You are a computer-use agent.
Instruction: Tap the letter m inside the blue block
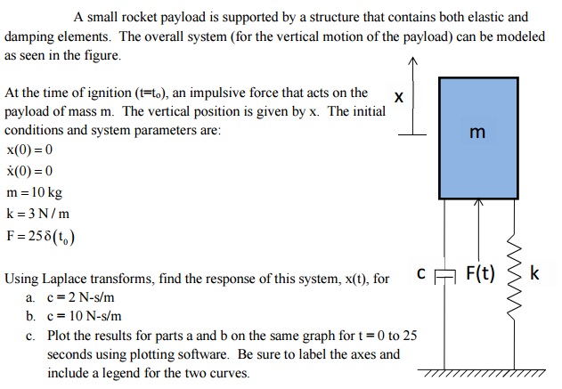[x=477, y=134]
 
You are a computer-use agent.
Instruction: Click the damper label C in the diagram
[x=419, y=272]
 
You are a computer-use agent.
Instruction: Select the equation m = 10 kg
[x=34, y=193]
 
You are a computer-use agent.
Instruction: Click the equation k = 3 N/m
[x=36, y=215]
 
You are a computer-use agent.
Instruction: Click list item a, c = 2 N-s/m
[x=77, y=297]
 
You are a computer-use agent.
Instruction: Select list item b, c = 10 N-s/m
[x=79, y=316]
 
